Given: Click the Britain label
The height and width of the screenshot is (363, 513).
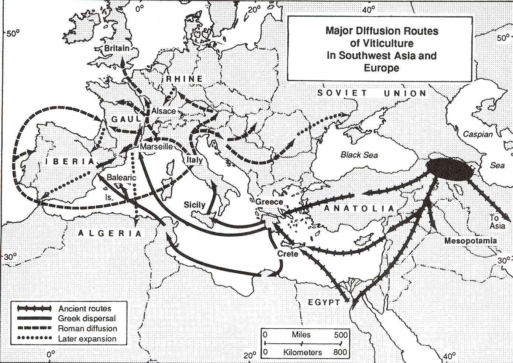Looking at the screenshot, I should coord(117,48).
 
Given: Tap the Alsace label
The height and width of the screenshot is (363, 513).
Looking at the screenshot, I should coord(163,111).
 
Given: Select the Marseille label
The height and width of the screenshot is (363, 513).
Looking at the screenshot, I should coord(156,147).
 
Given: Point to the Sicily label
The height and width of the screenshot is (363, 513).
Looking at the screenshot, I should coord(194,205).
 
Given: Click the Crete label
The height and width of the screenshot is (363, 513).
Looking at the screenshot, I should coord(288,254).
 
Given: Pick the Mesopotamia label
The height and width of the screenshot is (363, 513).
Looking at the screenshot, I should coord(470,241).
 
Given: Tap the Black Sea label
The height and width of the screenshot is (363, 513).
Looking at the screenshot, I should coord(359,155).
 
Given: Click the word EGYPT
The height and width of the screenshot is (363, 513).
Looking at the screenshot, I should coord(324,302).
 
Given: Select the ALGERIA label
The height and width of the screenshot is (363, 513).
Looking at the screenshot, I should coord(110,233).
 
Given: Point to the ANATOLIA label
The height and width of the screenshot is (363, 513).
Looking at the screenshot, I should coord(359,209).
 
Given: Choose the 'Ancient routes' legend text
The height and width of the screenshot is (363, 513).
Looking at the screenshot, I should coord(85,309).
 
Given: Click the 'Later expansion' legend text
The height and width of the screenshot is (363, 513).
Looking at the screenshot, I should coord(87,339).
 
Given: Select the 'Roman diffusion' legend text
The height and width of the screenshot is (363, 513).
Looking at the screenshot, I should coord(87,329).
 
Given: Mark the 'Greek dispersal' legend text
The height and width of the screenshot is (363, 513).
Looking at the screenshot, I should coord(87,319).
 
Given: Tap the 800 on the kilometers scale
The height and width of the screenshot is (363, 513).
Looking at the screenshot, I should coord(340,352).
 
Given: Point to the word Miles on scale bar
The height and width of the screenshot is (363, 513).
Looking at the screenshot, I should coord(301,335).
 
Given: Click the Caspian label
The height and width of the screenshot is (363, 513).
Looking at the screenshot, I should coord(478,134).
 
